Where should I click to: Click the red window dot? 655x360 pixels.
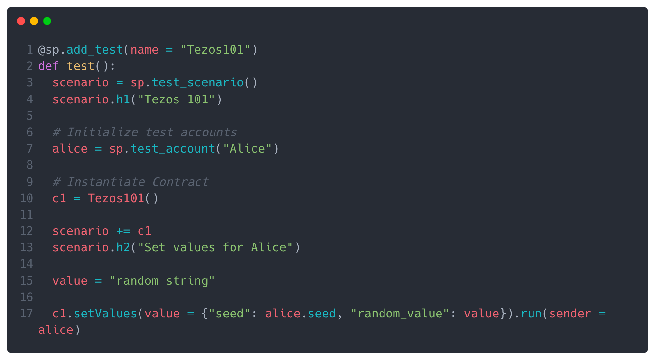pos(21,21)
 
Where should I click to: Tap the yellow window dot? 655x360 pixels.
pos(34,21)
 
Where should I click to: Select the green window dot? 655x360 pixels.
pos(47,21)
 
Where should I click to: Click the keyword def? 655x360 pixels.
pos(48,66)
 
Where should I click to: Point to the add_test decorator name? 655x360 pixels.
pos(95,50)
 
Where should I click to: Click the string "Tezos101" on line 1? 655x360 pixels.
pos(215,50)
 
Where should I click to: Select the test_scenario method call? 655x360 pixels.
pos(197,82)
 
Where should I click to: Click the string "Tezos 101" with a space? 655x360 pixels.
pos(176,99)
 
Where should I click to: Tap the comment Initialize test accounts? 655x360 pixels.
pos(145,132)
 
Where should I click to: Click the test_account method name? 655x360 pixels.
pos(173,149)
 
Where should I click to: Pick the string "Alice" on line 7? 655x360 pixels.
pos(247,149)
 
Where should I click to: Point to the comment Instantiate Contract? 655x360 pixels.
pos(131,182)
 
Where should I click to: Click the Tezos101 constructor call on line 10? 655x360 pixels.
pos(116,198)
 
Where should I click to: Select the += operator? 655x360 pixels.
pos(123,231)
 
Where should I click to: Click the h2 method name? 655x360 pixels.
pos(123,247)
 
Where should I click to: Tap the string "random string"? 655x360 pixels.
pos(162,281)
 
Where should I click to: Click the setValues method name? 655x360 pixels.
pos(105,314)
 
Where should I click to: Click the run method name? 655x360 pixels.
pos(531,314)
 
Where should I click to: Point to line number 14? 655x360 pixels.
pos(27,264)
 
